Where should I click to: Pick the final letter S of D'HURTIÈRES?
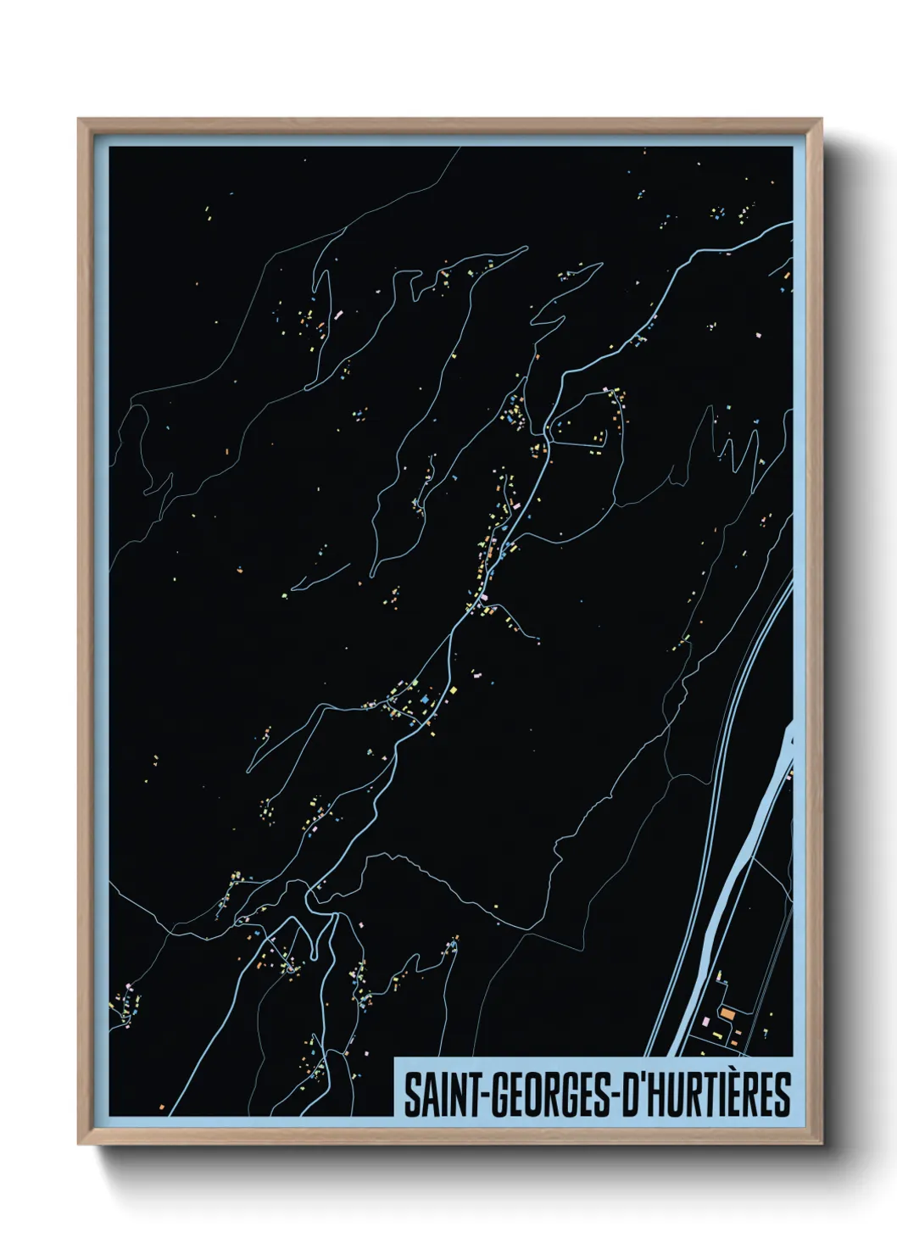(782, 1095)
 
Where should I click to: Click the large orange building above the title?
(727, 1012)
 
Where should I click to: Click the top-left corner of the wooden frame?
(80, 120)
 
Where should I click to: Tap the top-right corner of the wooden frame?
(821, 120)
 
